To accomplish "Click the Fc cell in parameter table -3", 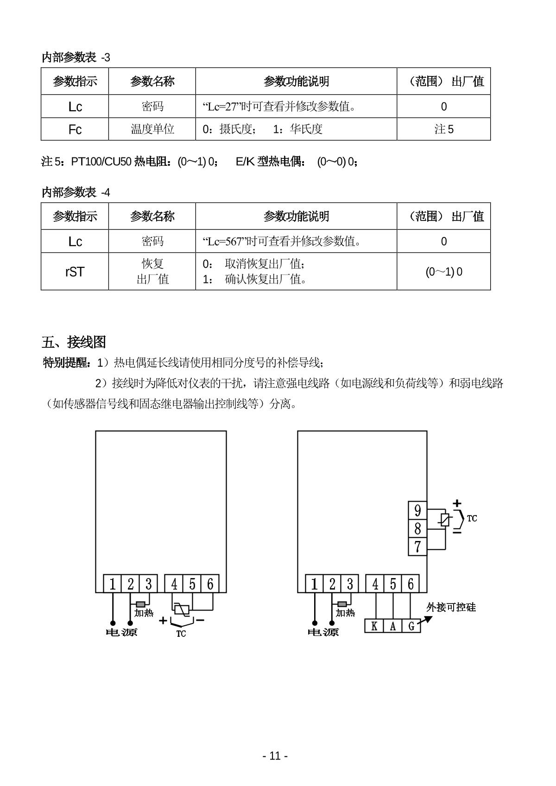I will pos(75,129).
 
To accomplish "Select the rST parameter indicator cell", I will pos(75,271).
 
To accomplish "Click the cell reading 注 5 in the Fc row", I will pos(443,129).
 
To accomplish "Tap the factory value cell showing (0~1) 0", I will pos(443,271).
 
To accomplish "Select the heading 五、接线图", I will pos(74,342).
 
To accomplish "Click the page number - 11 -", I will pos(275,756).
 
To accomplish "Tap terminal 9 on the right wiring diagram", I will pos(417,510).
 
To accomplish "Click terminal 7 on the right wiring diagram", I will pos(417,547).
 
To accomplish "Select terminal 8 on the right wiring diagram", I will pos(417,528).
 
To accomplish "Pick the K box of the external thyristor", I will pos(374,626).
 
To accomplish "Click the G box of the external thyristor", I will pos(411,626).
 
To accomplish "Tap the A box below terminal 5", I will pos(393,626).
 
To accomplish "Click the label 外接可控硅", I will pos(451,607).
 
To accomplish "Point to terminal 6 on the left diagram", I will pos(210,584).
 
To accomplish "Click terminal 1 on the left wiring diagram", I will pos(113,584).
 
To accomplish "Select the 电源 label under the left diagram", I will pos(122,632).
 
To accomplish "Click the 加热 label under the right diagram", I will pos(345,613).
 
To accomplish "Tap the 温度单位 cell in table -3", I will pos(152,129).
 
